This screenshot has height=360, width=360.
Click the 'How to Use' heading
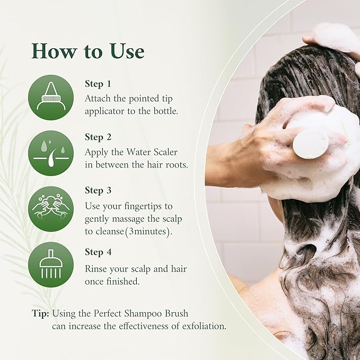pos(87,51)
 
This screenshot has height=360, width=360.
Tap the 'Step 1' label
pos(98,84)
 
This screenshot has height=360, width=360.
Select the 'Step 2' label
pos(98,137)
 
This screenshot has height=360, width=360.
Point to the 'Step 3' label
pos(98,191)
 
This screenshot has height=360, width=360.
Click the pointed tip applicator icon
pos(51,97)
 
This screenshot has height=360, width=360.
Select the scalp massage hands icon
pos(51,208)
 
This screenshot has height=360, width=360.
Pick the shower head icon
pos(51,264)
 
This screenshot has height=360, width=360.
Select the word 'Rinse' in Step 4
pos(97,269)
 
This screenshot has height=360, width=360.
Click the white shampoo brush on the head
pos(310,142)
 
